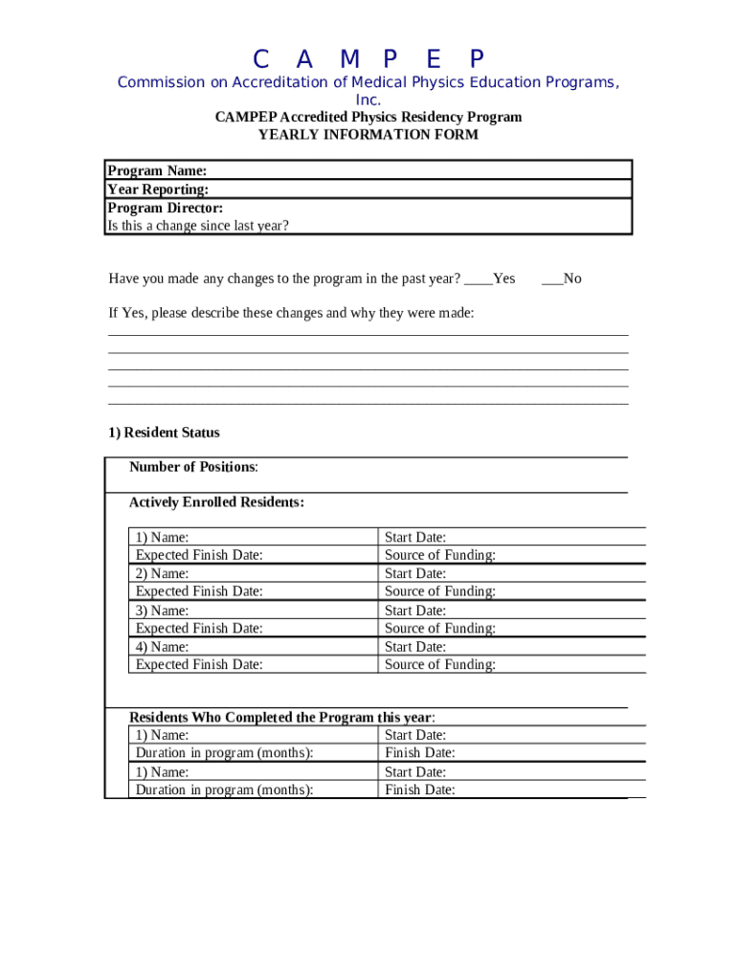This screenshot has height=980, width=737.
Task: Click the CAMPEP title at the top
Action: pos(368,58)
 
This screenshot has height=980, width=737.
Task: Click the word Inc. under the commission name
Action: pos(368,100)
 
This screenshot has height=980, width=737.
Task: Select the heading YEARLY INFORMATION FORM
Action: pos(368,135)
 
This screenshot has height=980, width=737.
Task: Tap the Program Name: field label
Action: pos(157,170)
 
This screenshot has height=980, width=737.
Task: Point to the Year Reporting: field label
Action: pos(158,189)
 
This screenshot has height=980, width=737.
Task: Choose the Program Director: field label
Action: pos(166,208)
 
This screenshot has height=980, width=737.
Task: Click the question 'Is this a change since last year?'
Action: pos(198,226)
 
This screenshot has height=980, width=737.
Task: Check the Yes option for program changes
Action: pos(491,278)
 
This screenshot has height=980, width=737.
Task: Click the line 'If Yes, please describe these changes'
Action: pos(291,313)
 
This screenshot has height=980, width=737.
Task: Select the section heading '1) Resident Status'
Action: pos(164,433)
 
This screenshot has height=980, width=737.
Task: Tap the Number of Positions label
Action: pos(193,467)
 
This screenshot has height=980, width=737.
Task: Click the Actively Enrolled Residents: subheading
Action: pos(216,502)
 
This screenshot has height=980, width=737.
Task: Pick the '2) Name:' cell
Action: pos(163,573)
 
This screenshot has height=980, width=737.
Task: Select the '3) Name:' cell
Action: pos(163,611)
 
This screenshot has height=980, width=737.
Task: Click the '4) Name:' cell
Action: pos(163,647)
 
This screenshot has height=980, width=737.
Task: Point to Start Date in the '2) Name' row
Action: pos(415,573)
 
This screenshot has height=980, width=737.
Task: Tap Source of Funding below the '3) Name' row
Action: pos(440,629)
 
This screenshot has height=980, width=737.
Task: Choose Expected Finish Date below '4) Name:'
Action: pos(199,664)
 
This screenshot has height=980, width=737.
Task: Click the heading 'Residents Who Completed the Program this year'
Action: pos(282,717)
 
